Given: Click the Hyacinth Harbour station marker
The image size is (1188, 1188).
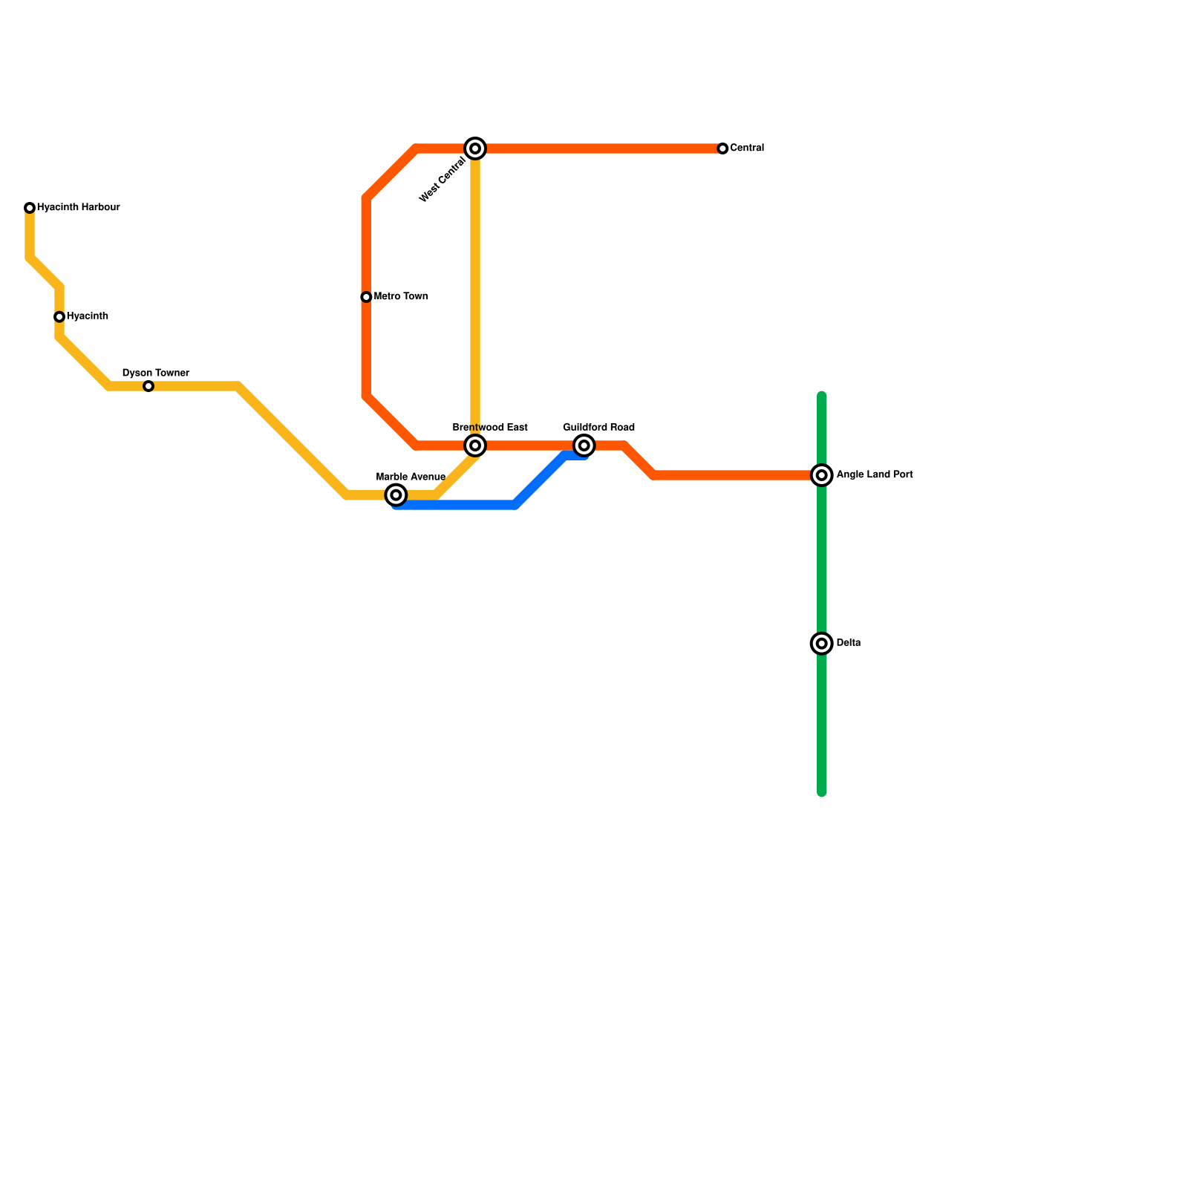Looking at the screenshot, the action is tap(30, 208).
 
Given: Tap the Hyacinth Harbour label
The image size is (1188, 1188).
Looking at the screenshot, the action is tap(78, 208).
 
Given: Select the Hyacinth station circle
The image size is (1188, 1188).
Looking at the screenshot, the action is tap(59, 317).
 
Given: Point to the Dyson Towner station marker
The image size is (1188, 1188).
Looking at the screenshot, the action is tap(148, 386).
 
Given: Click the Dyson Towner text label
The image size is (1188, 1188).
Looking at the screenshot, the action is tap(155, 373).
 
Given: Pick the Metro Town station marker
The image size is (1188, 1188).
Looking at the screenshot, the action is tap(366, 297).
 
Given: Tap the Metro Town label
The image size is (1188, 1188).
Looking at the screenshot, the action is tap(401, 297).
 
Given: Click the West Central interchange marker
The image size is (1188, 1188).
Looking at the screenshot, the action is tap(475, 148).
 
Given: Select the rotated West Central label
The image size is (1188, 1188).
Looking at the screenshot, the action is tap(443, 179).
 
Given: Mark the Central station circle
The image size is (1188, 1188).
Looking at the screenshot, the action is tap(722, 148).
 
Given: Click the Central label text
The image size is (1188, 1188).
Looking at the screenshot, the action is tap(747, 148).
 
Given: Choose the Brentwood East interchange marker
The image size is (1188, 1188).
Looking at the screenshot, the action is tap(475, 446).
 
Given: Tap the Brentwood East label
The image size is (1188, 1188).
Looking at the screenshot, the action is tap(490, 428).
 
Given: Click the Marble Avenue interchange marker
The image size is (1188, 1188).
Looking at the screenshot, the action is tap(396, 495).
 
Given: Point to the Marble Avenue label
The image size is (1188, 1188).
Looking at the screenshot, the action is tap(411, 477).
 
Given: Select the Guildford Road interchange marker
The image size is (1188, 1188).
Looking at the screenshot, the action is tap(584, 446).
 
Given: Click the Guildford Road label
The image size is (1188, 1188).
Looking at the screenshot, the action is tap(598, 428).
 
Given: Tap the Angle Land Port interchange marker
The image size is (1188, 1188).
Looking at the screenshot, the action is tap(822, 475).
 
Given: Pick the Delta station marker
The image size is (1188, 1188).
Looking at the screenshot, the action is tap(822, 643).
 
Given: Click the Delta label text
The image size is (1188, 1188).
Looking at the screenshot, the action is tap(849, 643).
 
